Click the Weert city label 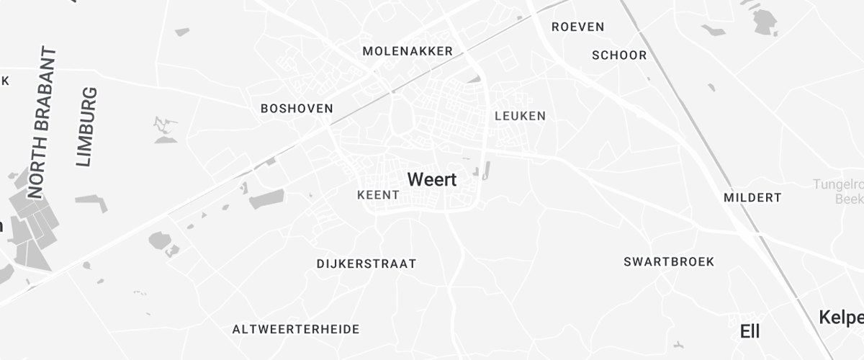point(432,179)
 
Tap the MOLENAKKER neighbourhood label point(408,51)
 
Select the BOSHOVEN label point(297,109)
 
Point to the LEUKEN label point(520,116)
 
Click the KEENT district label point(378,195)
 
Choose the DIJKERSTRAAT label point(366,264)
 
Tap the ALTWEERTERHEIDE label point(295,329)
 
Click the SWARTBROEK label point(669,261)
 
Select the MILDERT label point(752,197)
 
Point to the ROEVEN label point(577,27)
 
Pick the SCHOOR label point(619,55)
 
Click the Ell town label point(750,331)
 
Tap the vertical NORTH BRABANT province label point(42,122)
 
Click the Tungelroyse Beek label point(840,192)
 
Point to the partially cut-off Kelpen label point(841,318)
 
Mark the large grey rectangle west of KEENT point(266,199)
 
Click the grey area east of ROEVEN point(765,22)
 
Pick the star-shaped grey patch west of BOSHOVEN point(165,130)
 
